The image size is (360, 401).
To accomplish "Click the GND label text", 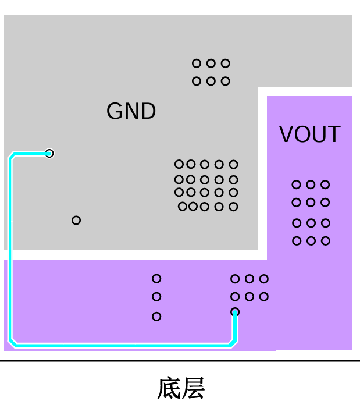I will [131, 111].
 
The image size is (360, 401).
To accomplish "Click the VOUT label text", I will [309, 134].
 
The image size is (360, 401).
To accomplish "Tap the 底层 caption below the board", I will [181, 388].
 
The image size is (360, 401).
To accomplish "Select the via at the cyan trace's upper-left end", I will [49, 154].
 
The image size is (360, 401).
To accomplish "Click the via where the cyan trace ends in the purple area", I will [235, 312].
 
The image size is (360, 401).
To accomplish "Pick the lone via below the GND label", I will [76, 220].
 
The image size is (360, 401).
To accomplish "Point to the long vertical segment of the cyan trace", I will [10, 250].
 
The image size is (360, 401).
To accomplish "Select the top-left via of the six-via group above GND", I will [197, 63].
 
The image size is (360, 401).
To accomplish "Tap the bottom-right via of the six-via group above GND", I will [225, 81].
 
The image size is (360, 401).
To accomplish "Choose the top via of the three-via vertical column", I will [156, 279].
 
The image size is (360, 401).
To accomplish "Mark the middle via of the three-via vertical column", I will [156, 297].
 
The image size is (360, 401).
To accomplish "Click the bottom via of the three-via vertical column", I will [156, 317].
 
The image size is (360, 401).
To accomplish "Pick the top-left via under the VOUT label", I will [297, 185].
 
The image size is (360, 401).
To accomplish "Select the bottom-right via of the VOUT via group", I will [325, 240].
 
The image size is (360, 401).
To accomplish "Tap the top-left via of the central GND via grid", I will [179, 165].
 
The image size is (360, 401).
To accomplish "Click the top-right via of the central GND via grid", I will [233, 165].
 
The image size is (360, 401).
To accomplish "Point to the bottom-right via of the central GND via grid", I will [233, 206].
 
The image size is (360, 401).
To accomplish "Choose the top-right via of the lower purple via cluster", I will [264, 279].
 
